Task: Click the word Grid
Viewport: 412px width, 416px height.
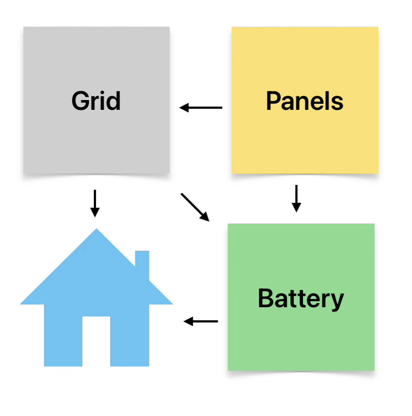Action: (96, 101)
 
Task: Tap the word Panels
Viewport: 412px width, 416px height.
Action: (305, 101)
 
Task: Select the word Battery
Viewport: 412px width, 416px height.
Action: (301, 299)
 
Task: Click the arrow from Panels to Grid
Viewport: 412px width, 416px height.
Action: (201, 108)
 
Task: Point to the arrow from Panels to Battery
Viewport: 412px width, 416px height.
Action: (296, 198)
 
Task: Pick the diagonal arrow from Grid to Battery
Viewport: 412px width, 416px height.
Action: (195, 207)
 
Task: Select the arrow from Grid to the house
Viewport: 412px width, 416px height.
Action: (95, 203)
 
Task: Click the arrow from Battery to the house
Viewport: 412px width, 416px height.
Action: (201, 321)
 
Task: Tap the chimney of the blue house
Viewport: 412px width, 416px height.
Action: (142, 261)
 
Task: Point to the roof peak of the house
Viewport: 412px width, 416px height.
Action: (97, 232)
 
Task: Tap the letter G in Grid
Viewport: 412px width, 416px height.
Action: (80, 101)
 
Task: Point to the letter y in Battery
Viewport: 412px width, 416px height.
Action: (338, 301)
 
